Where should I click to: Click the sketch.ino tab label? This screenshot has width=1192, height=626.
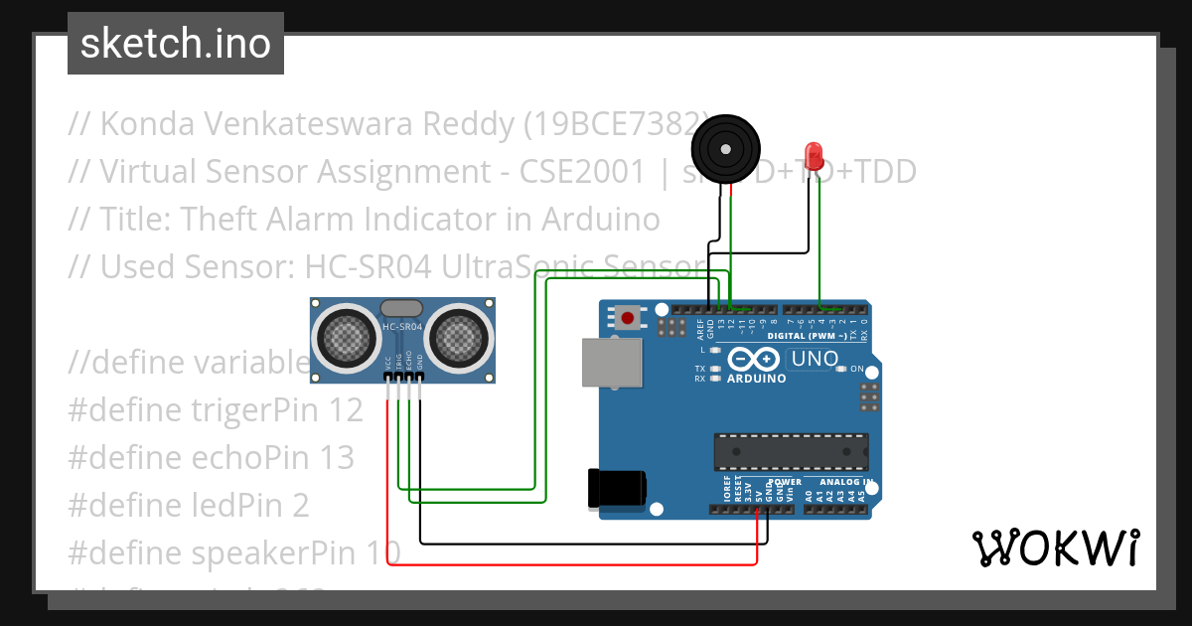(x=175, y=44)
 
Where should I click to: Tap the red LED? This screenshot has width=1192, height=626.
(x=815, y=155)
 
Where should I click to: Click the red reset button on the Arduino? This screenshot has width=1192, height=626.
(x=628, y=318)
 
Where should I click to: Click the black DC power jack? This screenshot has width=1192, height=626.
(x=617, y=488)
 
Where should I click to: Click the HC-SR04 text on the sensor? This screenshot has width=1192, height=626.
(x=403, y=327)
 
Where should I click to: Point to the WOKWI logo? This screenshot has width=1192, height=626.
(x=1055, y=548)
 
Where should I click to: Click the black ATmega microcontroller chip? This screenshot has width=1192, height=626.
(x=791, y=451)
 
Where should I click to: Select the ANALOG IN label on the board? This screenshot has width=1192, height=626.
(x=846, y=482)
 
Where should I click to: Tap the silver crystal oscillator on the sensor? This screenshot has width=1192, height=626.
(x=403, y=309)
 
